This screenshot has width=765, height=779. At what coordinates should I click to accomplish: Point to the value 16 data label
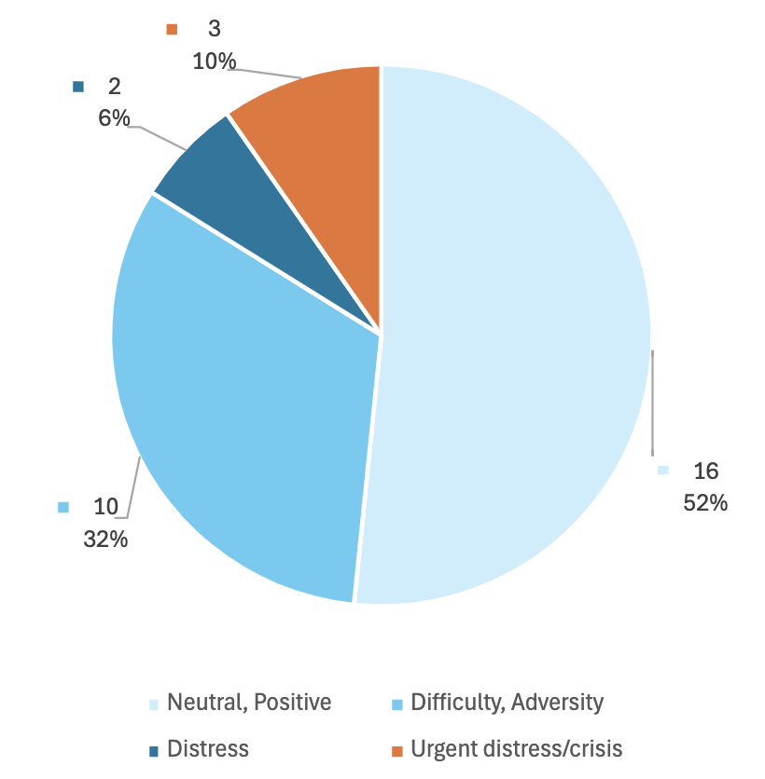point(705,471)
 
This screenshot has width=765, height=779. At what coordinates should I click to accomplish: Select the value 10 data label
point(105,507)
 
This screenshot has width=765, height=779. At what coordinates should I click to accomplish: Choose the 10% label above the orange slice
point(215,61)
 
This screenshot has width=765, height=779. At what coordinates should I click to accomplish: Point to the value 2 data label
point(115,87)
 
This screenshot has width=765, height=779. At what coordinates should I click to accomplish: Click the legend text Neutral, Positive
point(249,702)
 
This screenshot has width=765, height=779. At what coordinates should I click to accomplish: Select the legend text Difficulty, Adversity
point(508,702)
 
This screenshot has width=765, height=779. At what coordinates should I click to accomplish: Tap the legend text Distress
point(208,748)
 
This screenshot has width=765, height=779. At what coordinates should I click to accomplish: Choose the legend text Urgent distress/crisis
point(516,748)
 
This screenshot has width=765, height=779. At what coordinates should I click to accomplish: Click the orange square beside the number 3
point(172,30)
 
